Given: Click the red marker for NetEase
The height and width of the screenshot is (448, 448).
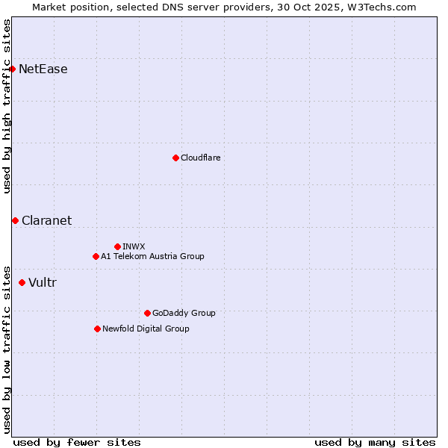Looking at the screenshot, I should (x=12, y=69).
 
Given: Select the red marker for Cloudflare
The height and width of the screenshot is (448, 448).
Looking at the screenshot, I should (x=175, y=158).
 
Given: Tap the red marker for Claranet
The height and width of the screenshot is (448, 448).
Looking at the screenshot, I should (x=15, y=220).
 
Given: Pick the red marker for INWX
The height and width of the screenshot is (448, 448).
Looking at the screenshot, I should (x=117, y=246).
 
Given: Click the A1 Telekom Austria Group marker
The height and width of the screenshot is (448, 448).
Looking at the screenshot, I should (x=96, y=256).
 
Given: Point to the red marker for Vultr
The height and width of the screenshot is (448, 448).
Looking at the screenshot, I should (x=22, y=282).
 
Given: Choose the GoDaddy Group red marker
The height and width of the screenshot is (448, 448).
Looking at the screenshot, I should (x=147, y=313).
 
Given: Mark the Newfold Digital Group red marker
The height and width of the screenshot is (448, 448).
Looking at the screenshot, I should (x=97, y=329).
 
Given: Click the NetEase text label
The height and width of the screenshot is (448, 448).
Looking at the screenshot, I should (x=43, y=69).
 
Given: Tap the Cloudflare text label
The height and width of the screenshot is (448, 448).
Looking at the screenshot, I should (x=201, y=158).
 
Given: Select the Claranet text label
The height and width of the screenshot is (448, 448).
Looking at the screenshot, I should (x=47, y=220).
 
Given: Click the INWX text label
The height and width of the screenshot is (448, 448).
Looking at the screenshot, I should (x=134, y=246).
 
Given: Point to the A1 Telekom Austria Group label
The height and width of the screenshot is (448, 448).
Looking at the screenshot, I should (x=152, y=256).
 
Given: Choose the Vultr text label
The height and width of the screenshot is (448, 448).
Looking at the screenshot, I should (x=43, y=282).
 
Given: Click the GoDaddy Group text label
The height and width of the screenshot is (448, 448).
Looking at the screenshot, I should (x=184, y=313).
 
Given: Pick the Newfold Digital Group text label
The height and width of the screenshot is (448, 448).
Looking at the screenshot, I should (x=146, y=329).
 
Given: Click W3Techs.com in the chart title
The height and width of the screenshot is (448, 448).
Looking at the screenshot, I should (x=385, y=7).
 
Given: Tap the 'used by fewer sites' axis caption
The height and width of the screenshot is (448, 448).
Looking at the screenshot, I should (x=77, y=442).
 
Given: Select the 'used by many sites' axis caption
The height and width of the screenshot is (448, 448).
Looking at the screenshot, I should (x=375, y=442).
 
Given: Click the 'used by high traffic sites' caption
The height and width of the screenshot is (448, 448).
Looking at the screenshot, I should (x=7, y=106).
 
